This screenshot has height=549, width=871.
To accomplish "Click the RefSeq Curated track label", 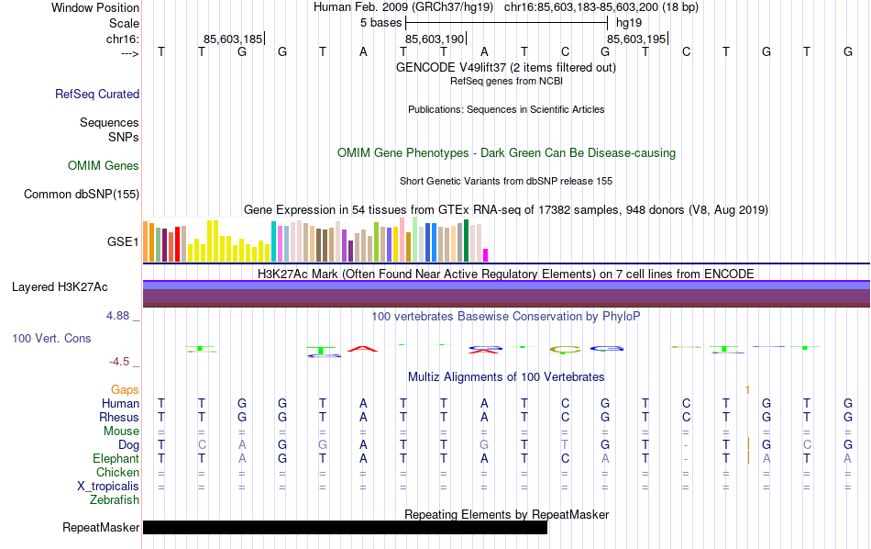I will (x=97, y=94).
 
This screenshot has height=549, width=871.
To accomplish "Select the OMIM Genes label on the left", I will (x=103, y=166).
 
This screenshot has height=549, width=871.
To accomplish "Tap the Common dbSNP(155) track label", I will (x=82, y=194).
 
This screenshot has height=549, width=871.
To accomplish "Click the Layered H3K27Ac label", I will (x=60, y=286).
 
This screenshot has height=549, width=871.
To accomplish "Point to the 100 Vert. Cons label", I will (x=51, y=339).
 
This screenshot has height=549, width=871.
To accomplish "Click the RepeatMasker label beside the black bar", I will (x=101, y=528).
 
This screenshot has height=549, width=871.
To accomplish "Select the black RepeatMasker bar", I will (x=345, y=528).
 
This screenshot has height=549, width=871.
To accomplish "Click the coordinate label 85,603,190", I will (x=435, y=39).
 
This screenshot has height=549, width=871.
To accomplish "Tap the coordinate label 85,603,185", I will (x=233, y=39).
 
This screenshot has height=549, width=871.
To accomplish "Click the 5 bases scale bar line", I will (x=506, y=21).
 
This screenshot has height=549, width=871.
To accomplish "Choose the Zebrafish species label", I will (x=115, y=500).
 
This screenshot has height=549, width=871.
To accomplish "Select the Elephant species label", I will (x=116, y=459).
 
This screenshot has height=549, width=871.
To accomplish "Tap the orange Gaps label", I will (x=125, y=390).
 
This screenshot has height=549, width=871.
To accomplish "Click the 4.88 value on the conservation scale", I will (x=121, y=316).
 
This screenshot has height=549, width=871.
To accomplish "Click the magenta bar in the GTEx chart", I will (x=486, y=254).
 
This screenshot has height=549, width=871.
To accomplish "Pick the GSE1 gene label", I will (x=123, y=241).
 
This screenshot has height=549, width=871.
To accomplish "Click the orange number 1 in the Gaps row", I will (x=747, y=390).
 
